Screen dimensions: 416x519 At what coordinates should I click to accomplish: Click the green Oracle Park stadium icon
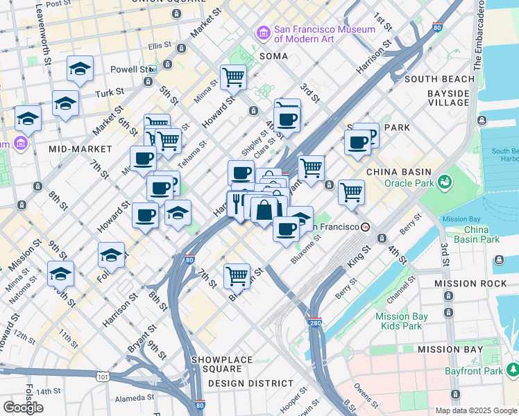[443, 183]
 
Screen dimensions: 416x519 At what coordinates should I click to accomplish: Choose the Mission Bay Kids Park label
[398, 320]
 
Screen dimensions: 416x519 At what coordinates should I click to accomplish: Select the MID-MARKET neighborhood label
[80, 149]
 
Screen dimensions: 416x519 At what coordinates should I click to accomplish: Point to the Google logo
[23, 408]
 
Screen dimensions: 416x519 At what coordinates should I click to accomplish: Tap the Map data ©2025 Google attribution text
[476, 410]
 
